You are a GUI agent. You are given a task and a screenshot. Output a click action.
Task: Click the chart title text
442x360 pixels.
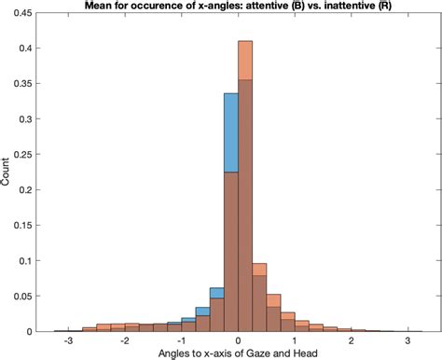click(x=240, y=7)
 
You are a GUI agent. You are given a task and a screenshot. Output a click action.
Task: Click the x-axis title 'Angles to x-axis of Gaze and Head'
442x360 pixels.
click(x=240, y=354)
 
